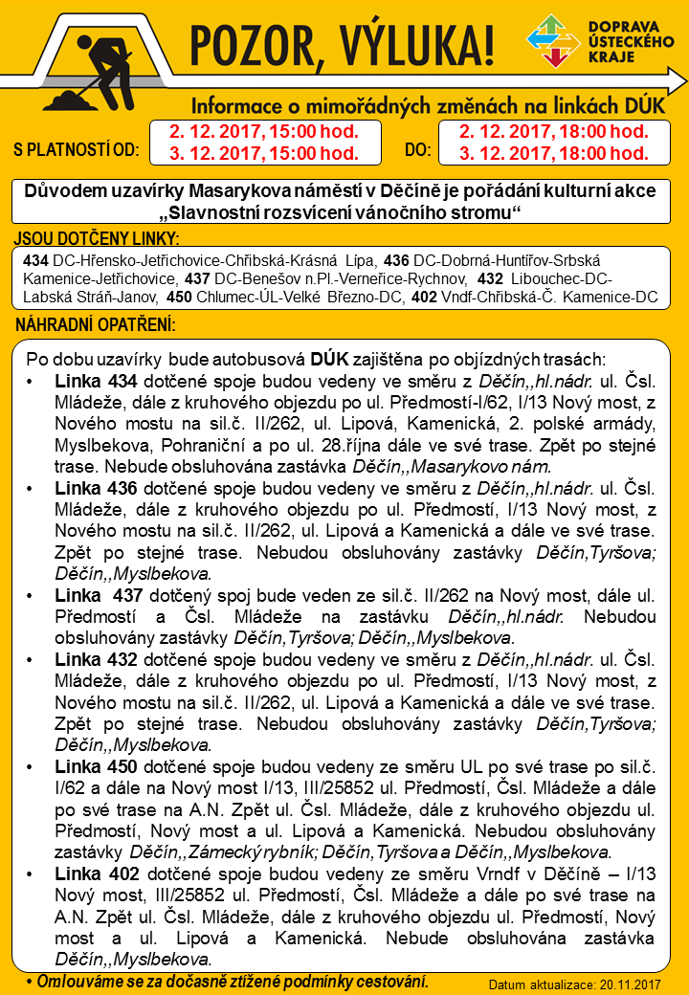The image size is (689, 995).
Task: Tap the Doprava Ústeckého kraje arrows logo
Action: (552, 42)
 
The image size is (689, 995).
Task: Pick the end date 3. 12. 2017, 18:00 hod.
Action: (553, 153)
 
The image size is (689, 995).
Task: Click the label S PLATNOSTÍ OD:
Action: (77, 150)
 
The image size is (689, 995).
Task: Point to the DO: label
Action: (417, 150)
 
